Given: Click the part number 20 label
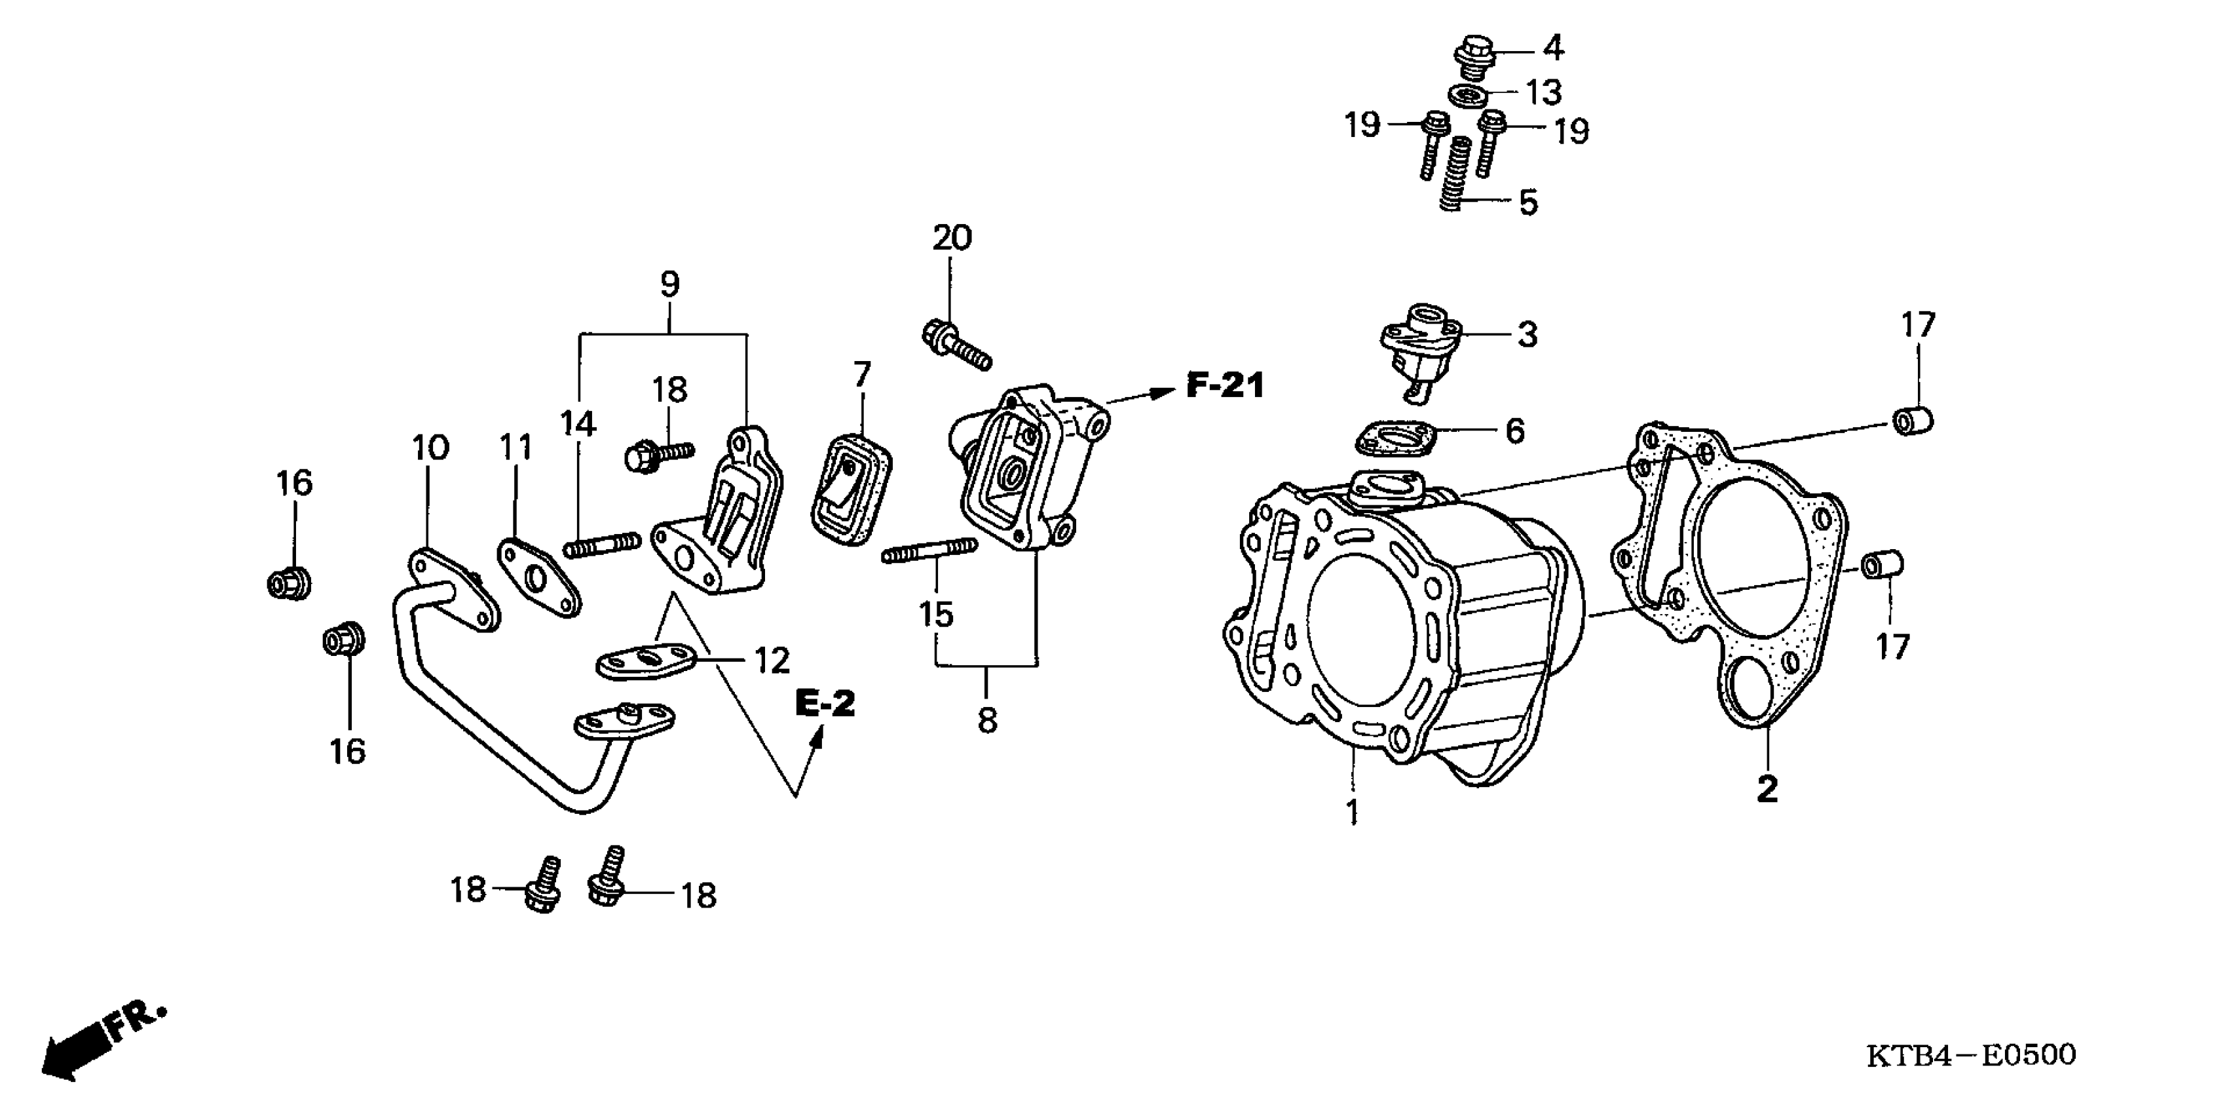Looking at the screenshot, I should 952,238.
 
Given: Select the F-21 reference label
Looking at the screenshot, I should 1224,385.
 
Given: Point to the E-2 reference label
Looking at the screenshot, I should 825,704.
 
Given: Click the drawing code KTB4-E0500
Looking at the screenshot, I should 1971,1056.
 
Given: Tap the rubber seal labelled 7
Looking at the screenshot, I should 852,491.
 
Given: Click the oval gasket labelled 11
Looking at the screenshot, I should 538,577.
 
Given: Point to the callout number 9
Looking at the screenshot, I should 669,284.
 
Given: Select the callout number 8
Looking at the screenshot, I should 987,720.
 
